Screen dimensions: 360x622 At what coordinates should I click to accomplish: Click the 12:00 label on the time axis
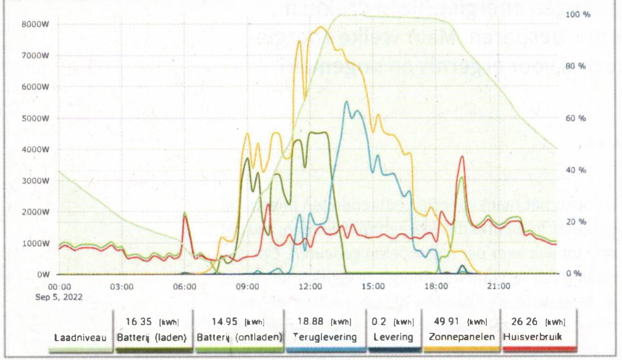311,287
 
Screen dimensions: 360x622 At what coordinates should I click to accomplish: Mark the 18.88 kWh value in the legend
324,321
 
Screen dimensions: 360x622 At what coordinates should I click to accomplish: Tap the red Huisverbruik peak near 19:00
462,156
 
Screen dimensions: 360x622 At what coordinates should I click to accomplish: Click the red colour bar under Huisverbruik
534,347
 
